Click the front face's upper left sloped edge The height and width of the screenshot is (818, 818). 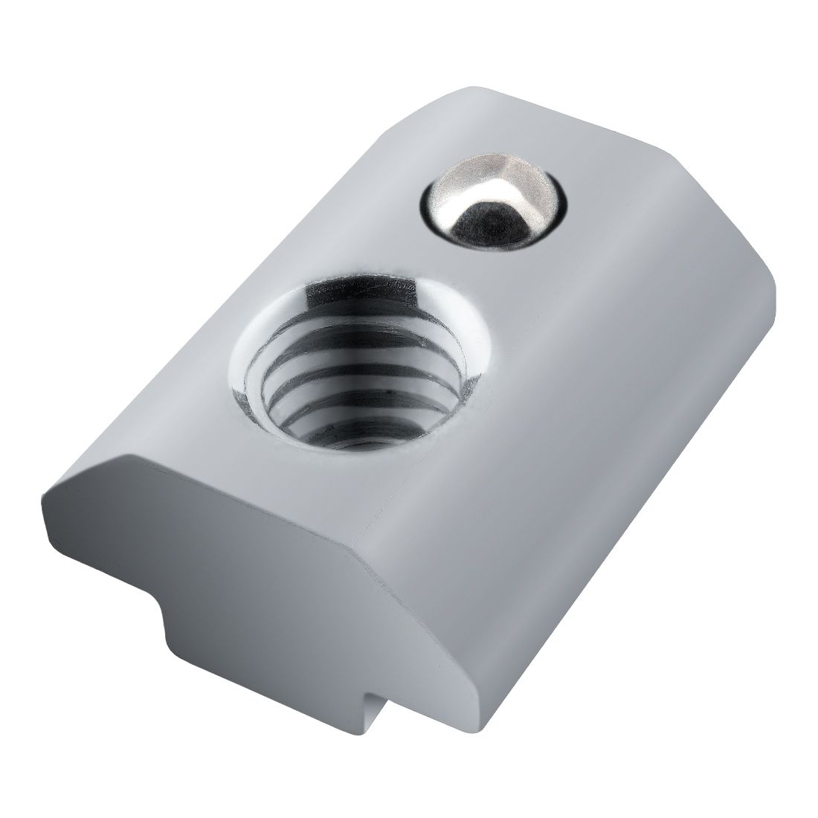click(x=82, y=468)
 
